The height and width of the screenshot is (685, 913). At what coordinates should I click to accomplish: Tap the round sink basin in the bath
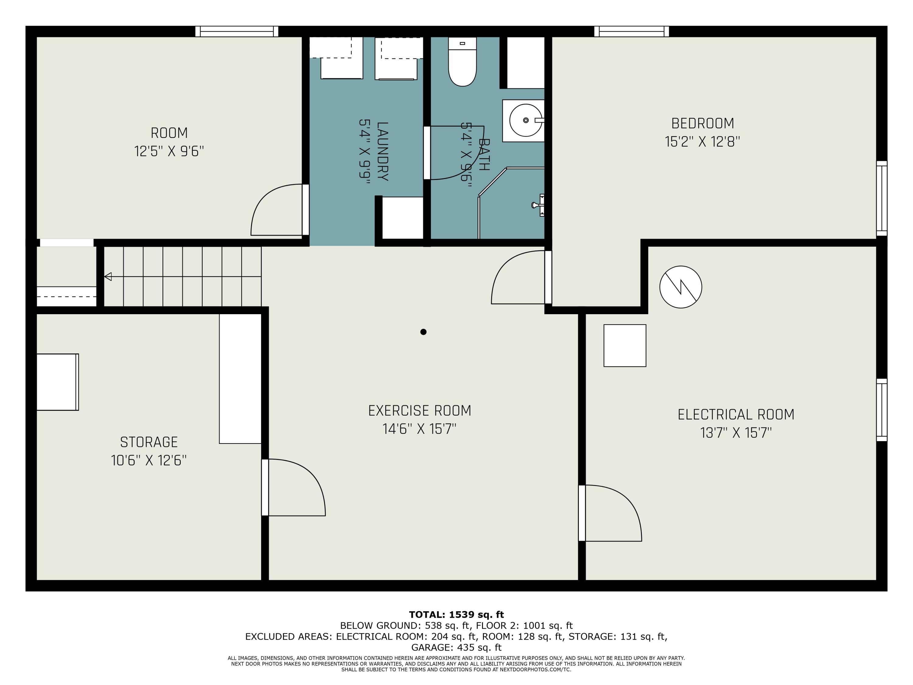pyautogui.click(x=525, y=120)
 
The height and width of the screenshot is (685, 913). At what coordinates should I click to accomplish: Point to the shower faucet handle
pyautogui.click(x=538, y=205)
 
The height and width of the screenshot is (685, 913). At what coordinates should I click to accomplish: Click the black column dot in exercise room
pyautogui.click(x=423, y=332)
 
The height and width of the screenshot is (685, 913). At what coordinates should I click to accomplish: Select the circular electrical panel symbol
pyautogui.click(x=680, y=286)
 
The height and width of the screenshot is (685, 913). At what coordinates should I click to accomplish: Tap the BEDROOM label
pyautogui.click(x=702, y=124)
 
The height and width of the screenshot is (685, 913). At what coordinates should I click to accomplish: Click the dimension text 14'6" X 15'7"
pyautogui.click(x=419, y=429)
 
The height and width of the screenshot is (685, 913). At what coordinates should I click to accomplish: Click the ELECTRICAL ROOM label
pyautogui.click(x=736, y=415)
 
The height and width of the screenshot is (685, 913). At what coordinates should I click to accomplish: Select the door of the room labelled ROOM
pyautogui.click(x=277, y=211)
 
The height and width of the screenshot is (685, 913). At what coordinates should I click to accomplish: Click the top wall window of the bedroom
pyautogui.click(x=631, y=31)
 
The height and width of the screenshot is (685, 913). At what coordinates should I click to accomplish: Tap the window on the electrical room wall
pyautogui.click(x=882, y=409)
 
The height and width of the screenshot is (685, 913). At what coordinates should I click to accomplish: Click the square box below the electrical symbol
pyautogui.click(x=624, y=346)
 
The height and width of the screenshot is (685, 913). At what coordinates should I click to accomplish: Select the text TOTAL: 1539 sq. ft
pyautogui.click(x=456, y=614)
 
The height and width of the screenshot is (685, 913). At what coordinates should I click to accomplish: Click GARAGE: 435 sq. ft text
pyautogui.click(x=456, y=647)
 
